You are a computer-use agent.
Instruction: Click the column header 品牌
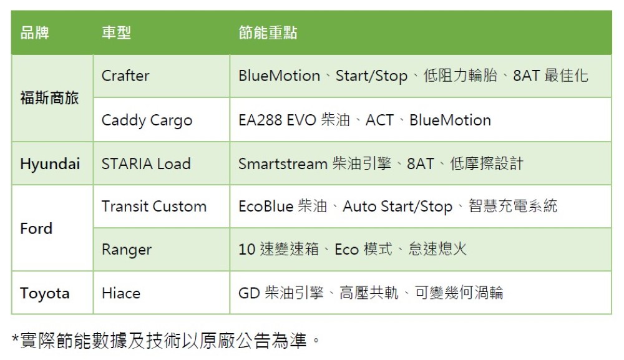pos(34,32)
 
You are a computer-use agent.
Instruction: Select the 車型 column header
pos(116,32)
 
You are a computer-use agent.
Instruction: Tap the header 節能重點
pos(268,32)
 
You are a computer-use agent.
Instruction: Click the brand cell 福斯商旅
pos(49,98)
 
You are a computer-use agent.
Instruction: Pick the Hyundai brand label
pos(50,164)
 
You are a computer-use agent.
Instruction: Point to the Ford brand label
pos(36,228)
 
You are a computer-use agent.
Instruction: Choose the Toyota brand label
pos(45,294)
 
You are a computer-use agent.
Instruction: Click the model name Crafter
pos(125,75)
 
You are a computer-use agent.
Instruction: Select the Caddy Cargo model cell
pos(147,120)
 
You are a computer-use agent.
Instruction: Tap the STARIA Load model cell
pos(146,163)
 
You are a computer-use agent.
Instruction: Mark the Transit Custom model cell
pos(154,207)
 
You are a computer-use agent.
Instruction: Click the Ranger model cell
pos(127,250)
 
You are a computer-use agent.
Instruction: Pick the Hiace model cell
pos(121,293)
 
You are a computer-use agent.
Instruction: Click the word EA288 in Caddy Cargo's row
pos(260,120)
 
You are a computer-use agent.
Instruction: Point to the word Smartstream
pos(283,163)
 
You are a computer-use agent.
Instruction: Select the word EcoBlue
pos(266,207)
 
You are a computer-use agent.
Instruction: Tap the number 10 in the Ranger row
pos(246,250)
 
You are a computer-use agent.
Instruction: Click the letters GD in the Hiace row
pos(249,293)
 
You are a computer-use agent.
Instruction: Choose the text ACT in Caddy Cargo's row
pos(379,120)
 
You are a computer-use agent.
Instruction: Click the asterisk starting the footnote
pos(15,339)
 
